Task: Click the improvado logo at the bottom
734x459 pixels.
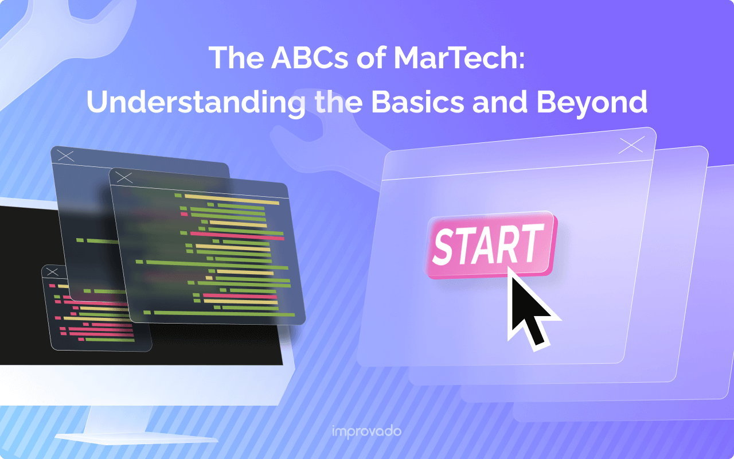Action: pos(367,431)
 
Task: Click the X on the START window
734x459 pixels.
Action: pos(631,146)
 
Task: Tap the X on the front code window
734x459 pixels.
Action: pos(124,178)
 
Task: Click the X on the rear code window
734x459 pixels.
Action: pos(66,155)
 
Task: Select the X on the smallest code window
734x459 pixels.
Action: pos(52,272)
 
